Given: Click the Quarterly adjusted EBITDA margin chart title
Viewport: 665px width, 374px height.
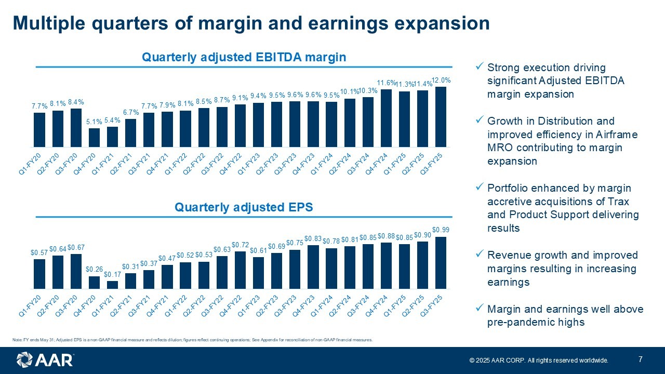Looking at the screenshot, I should (244, 57).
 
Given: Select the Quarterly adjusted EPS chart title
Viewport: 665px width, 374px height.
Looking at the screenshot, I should (244, 208).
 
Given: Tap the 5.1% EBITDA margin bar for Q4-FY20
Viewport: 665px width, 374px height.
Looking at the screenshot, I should (94, 138).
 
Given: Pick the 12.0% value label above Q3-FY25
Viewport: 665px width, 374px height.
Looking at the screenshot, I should (441, 81).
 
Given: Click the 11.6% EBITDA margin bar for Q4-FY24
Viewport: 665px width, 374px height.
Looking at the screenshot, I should (386, 118).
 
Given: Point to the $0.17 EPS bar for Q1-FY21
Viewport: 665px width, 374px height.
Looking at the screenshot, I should (112, 285).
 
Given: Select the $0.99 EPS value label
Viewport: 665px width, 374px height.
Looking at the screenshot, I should (441, 230).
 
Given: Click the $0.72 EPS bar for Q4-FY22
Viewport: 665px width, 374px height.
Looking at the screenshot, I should (240, 270).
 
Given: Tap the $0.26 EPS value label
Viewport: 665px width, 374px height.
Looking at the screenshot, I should (94, 270).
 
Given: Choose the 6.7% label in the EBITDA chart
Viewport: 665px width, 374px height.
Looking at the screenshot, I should (130, 113).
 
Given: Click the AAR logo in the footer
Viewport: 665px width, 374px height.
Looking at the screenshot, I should (45, 360).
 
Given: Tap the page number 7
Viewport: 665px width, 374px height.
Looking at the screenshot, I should (641, 359).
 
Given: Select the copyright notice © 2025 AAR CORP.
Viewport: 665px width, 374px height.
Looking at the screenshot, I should (538, 360).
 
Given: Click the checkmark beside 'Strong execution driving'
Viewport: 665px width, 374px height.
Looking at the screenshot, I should (480, 67).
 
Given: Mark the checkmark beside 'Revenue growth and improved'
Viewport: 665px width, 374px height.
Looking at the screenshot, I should (480, 255).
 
